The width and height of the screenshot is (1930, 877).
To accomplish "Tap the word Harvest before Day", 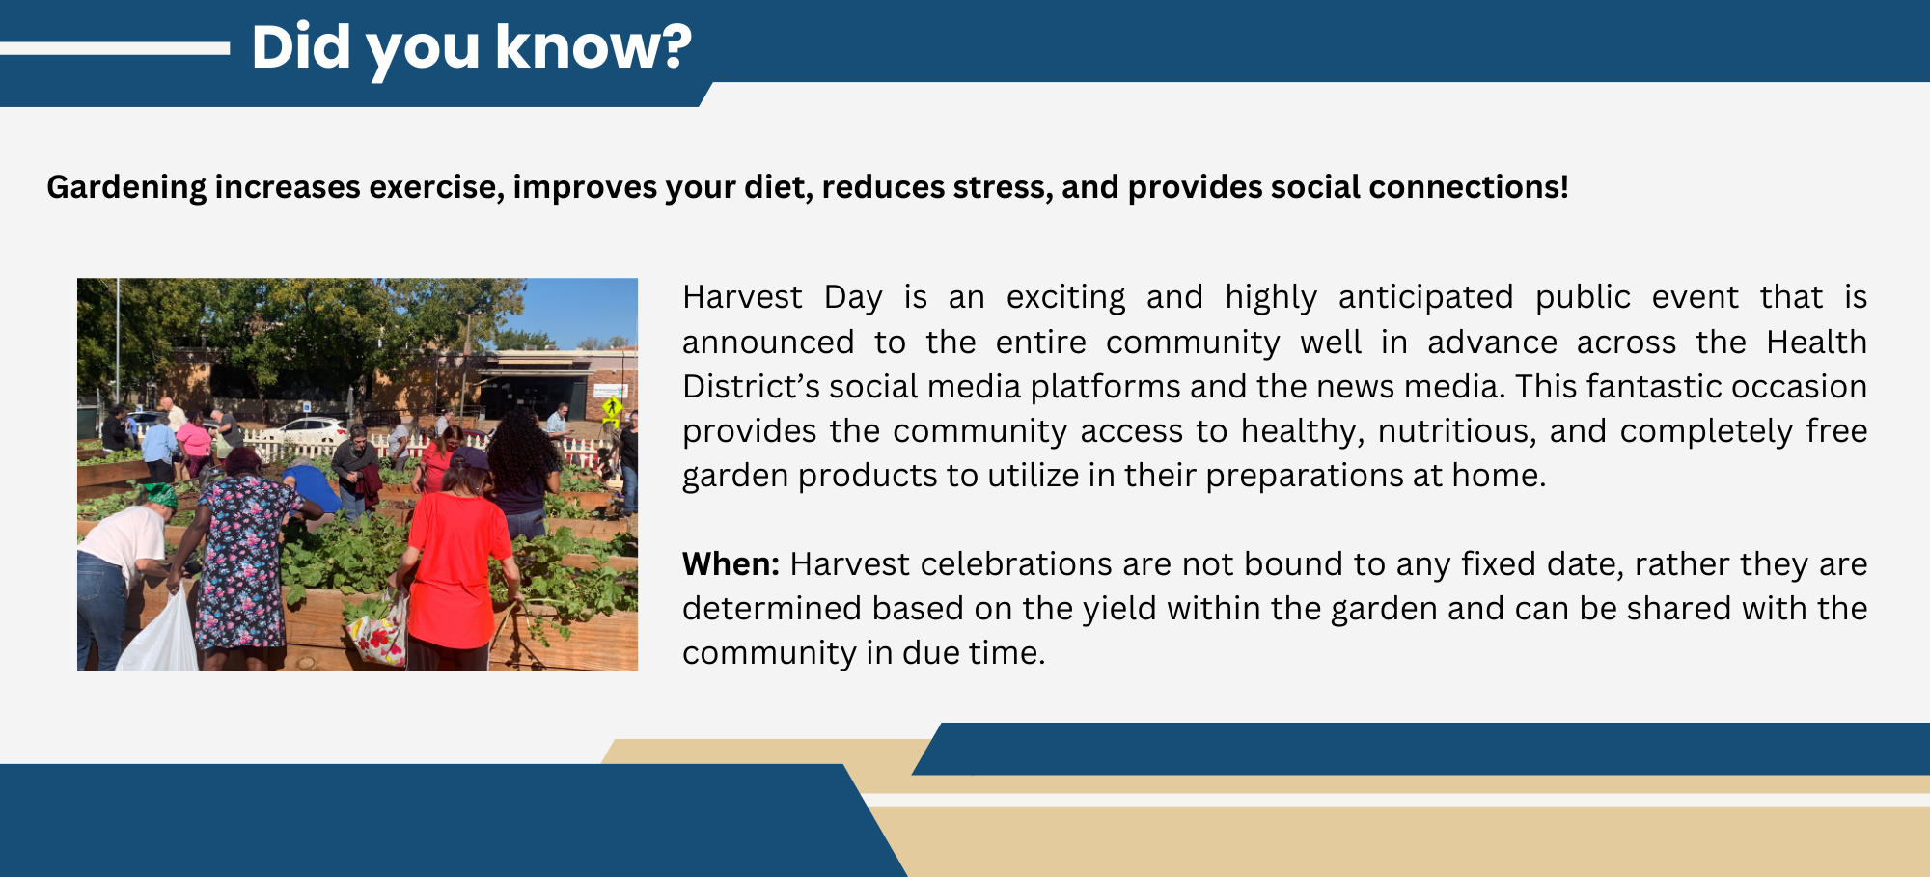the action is coord(742,296).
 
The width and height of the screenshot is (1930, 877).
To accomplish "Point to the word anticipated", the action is coord(1425,297).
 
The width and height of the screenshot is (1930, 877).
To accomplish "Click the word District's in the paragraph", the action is coord(751,386).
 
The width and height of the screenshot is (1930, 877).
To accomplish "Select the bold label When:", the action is coord(731,563).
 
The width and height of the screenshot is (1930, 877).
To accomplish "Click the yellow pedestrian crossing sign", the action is coord(612,406).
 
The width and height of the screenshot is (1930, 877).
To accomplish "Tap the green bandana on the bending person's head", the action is coord(160,496).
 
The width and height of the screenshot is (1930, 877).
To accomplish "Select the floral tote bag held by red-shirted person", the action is coord(379,630).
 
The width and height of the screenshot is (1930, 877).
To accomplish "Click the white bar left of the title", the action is coord(115,48).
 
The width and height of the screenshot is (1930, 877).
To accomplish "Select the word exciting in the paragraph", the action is coord(1065,297).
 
